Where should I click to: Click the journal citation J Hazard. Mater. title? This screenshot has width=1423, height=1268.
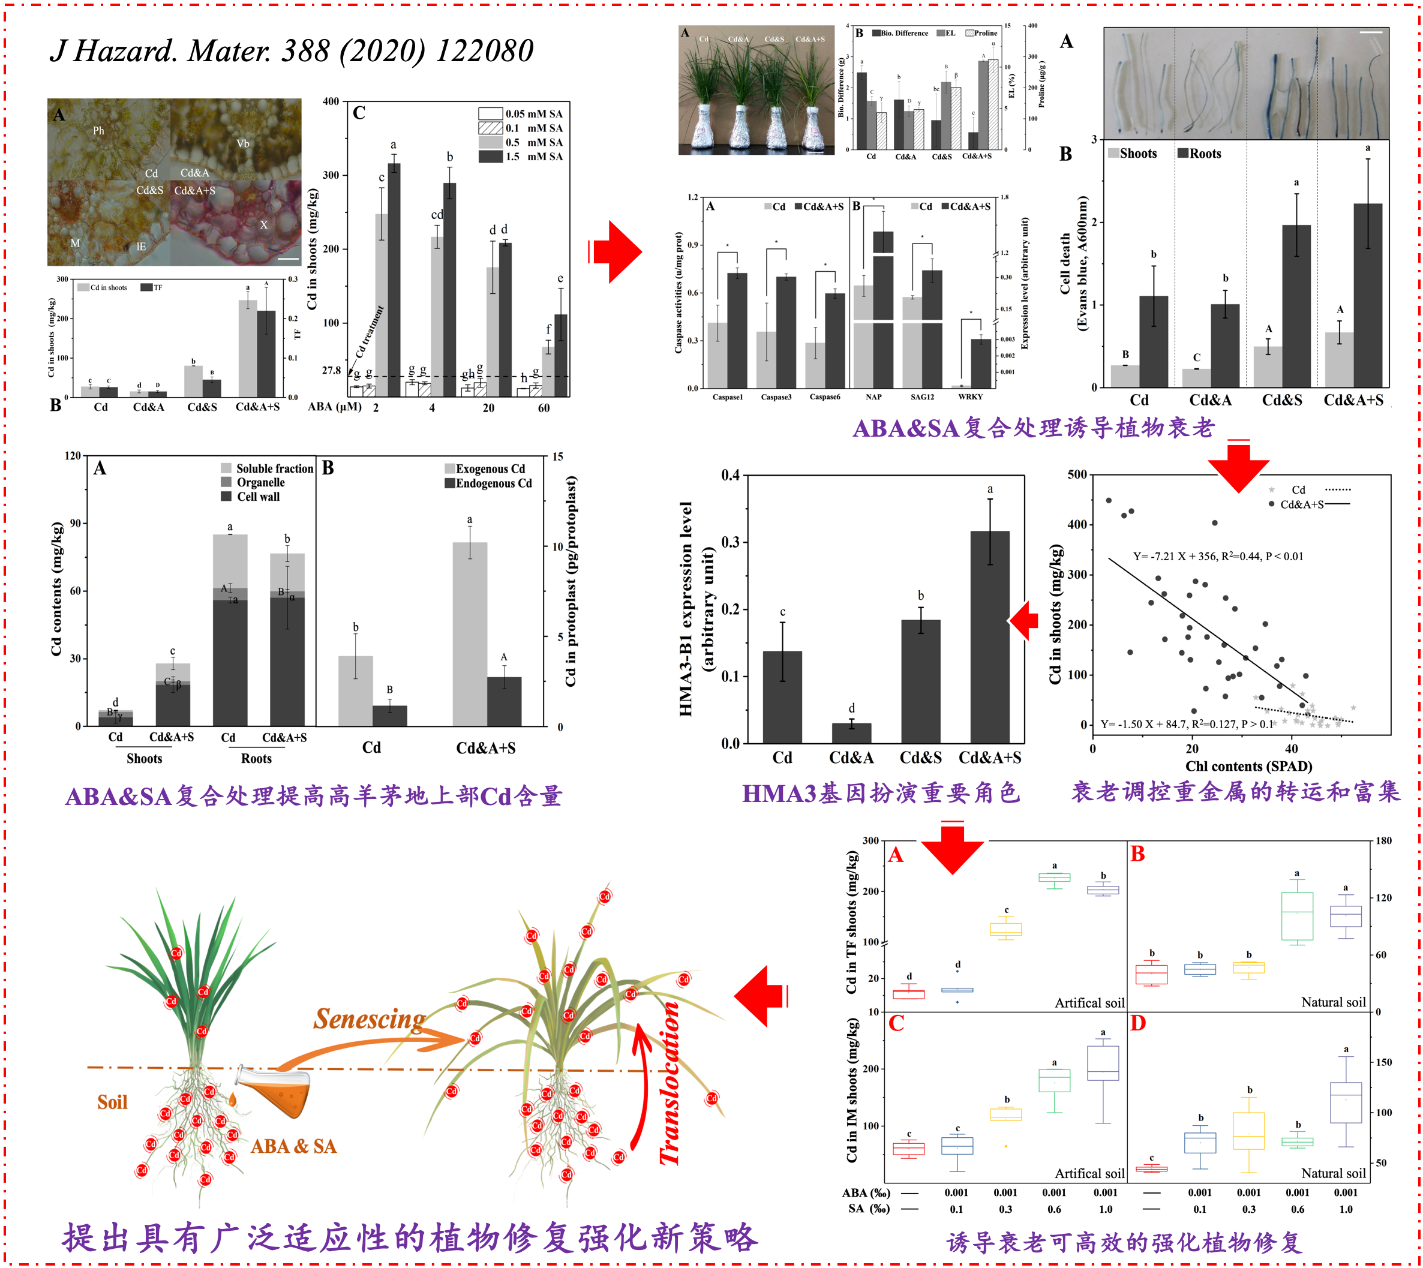tap(292, 51)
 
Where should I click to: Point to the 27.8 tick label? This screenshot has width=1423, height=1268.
tap(331, 371)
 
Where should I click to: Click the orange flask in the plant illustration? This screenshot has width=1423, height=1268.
tap(275, 1094)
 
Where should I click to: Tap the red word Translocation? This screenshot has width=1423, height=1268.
tap(670, 1083)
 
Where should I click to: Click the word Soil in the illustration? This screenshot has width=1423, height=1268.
tap(112, 1102)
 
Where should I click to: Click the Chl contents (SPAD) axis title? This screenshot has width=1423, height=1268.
tap(1249, 767)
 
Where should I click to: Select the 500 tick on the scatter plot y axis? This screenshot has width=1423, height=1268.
tap(1077, 475)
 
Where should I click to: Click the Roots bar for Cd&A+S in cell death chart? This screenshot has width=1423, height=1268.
tap(1367, 295)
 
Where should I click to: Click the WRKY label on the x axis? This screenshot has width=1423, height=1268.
tap(970, 397)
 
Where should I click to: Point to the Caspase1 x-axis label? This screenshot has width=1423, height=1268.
tap(728, 397)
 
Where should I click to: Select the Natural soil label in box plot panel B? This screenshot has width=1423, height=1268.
tap(1333, 1002)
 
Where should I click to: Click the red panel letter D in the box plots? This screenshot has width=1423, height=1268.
tap(1137, 1023)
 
